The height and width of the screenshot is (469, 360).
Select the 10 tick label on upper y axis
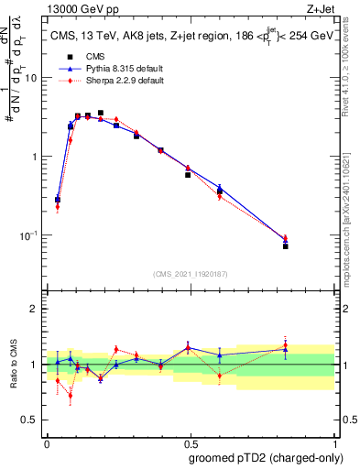(x=33, y=78)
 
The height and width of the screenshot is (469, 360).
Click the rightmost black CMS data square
(x=286, y=246)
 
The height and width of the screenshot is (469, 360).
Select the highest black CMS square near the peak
(x=101, y=113)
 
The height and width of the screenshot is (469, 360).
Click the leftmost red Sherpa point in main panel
(x=58, y=207)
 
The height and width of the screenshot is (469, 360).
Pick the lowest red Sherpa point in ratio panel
(x=71, y=396)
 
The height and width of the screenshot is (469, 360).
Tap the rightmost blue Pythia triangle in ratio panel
(x=286, y=349)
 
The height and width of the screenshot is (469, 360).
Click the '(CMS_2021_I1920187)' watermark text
(x=191, y=273)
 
